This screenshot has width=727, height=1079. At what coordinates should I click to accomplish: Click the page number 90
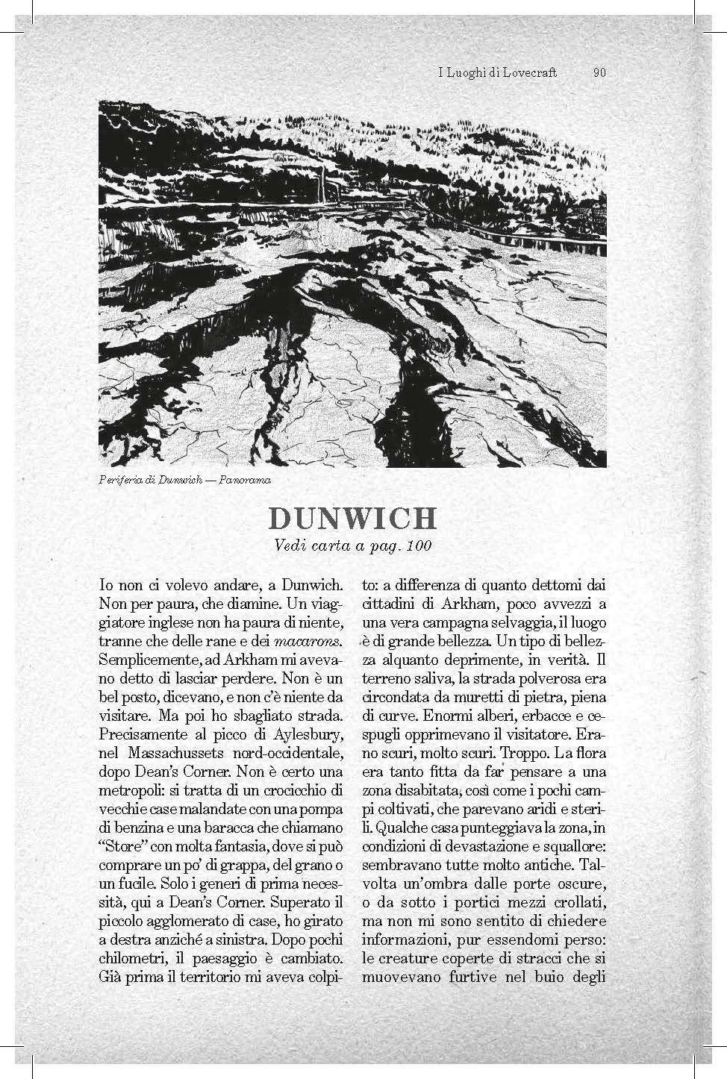[599, 72]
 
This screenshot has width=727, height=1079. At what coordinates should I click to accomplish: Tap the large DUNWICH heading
[352, 519]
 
